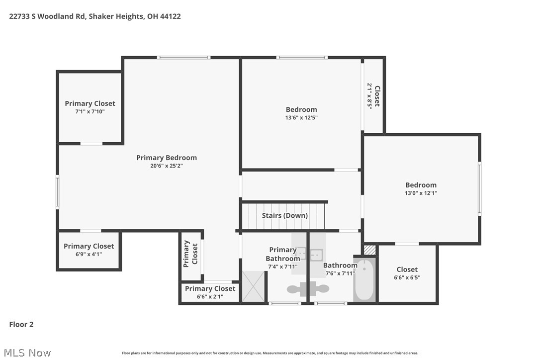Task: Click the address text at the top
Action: (x=95, y=16)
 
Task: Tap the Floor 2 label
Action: (x=21, y=325)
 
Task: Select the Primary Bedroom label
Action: (x=167, y=158)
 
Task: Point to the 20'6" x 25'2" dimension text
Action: (x=167, y=166)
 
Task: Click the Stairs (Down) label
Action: (x=285, y=215)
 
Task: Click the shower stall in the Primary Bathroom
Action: (x=254, y=286)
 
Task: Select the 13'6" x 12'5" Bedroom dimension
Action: (x=301, y=118)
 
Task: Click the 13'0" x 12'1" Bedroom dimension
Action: (x=421, y=193)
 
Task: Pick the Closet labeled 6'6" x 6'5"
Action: (x=407, y=273)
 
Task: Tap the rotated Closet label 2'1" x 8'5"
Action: (x=373, y=95)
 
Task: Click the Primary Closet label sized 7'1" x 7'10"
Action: (x=90, y=107)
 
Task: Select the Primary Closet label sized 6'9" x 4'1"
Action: (x=89, y=250)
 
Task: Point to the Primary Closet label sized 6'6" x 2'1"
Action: (x=210, y=292)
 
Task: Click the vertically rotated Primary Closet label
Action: (x=191, y=254)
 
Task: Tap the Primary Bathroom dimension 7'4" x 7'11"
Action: (x=282, y=267)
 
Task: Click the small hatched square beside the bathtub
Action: (x=369, y=250)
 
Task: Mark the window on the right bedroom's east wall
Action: (x=480, y=188)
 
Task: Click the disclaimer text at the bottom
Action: (x=270, y=353)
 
